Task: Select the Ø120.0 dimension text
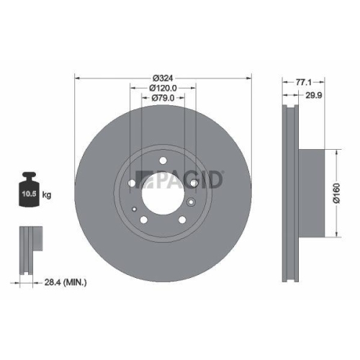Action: tap(163, 88)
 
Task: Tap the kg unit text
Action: tap(48, 195)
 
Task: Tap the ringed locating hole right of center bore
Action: tap(191, 204)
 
